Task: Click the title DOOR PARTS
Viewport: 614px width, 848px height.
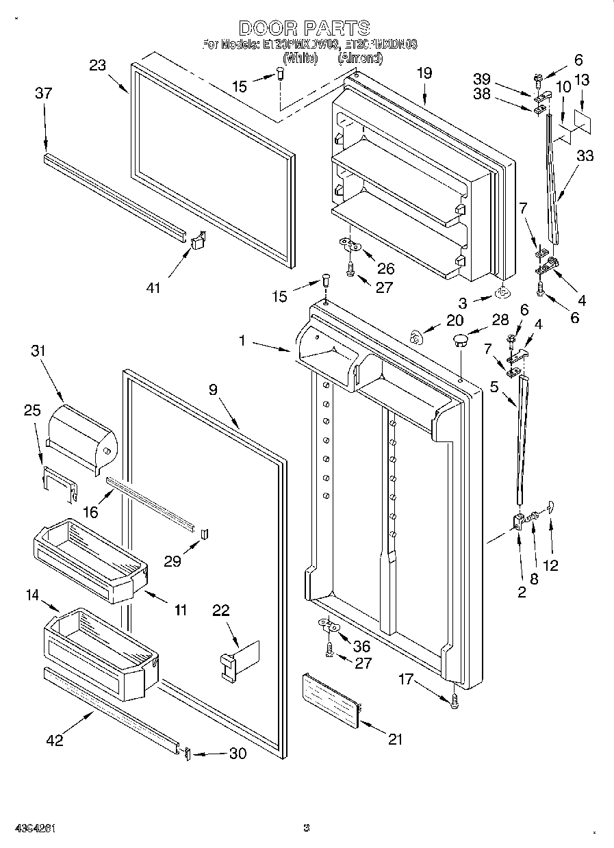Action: point(305,28)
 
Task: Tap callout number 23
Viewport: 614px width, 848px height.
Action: point(99,66)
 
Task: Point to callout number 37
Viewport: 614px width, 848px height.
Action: point(43,93)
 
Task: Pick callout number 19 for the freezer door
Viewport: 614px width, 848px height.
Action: point(424,72)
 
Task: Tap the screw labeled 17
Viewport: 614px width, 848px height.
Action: point(455,700)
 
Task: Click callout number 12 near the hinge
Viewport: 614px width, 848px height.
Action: point(550,565)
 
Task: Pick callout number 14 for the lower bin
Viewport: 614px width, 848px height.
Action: point(32,595)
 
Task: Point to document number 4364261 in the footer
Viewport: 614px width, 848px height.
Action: point(31,829)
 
